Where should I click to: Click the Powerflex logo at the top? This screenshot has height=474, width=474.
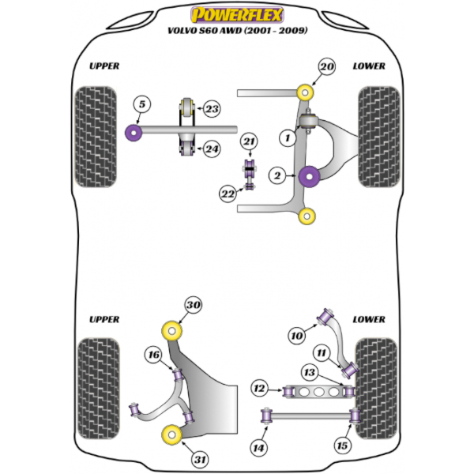click(x=236, y=14)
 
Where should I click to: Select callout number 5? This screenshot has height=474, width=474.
click(x=141, y=104)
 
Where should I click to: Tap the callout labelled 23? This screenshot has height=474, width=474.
click(x=212, y=110)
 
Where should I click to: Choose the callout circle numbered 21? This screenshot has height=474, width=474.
click(x=250, y=142)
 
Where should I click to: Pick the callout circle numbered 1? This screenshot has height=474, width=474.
click(x=289, y=137)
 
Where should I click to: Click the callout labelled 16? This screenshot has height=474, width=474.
click(x=152, y=356)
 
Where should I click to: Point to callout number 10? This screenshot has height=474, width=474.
click(x=297, y=337)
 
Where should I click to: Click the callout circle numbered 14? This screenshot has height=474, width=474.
click(x=258, y=449)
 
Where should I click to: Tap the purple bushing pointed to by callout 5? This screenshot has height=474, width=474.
click(x=134, y=130)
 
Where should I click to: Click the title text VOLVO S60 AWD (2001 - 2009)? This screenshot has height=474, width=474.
click(x=237, y=32)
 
